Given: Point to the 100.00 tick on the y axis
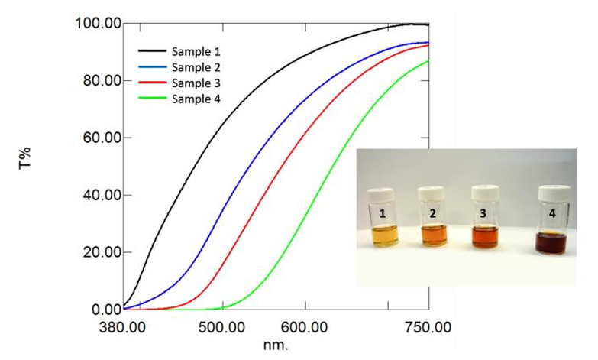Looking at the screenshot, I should [98, 24].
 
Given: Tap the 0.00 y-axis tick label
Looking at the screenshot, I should [104, 310].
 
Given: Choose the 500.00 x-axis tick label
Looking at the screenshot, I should [221, 327].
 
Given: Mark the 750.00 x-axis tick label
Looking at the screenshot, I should [428, 327].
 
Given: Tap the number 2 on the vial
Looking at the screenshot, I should [433, 214].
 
